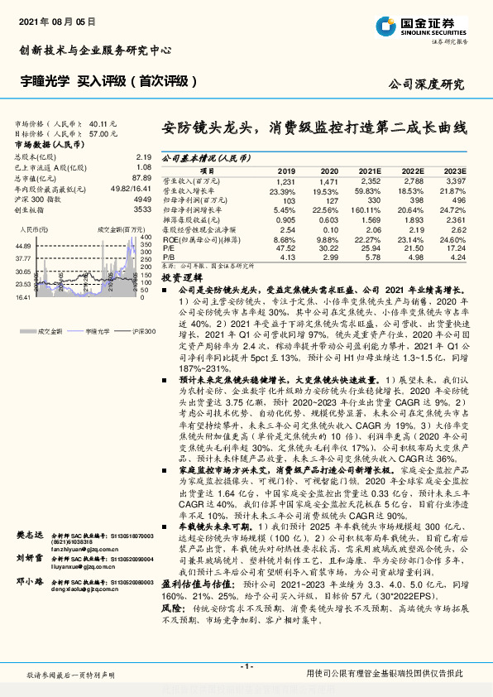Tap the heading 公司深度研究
[425, 84]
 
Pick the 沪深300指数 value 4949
[142, 199]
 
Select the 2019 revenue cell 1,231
[285, 180]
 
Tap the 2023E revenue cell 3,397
[456, 180]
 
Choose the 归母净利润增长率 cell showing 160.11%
[369, 209]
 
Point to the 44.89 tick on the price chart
[23, 247]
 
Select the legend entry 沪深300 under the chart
[121, 330]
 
